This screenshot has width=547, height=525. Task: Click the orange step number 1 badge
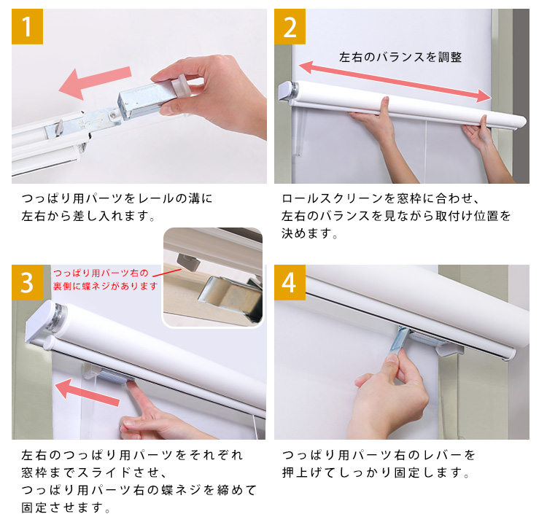[x=27, y=26]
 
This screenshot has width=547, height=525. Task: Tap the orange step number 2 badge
[x=290, y=26]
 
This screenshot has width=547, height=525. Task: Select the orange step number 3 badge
[x=27, y=283]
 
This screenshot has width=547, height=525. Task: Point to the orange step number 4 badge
[x=290, y=283]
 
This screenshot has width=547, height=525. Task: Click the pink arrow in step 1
[x=95, y=82]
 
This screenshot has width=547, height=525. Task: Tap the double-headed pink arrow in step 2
[x=395, y=82]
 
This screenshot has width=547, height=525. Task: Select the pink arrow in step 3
[x=88, y=392]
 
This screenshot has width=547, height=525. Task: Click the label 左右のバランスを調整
[x=400, y=57]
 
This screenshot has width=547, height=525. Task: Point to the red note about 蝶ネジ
[x=105, y=279]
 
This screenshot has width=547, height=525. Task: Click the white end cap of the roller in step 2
[x=287, y=91]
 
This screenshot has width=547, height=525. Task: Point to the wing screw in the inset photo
[x=187, y=261]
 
